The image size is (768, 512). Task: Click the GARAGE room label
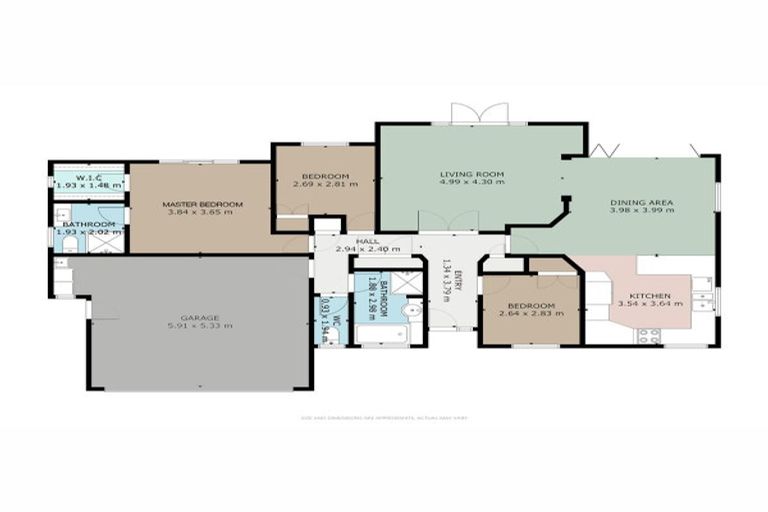coord(200,315)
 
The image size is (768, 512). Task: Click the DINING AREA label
coord(642,202)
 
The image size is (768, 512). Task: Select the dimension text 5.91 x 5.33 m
coord(200,325)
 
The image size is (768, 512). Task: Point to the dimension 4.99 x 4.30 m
coord(472,183)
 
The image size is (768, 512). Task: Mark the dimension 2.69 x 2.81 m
coord(324,184)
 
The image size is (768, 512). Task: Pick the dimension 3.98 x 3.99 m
coord(642,211)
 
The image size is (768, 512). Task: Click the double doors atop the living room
coord(472,113)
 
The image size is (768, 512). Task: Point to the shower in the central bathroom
coord(407,281)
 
